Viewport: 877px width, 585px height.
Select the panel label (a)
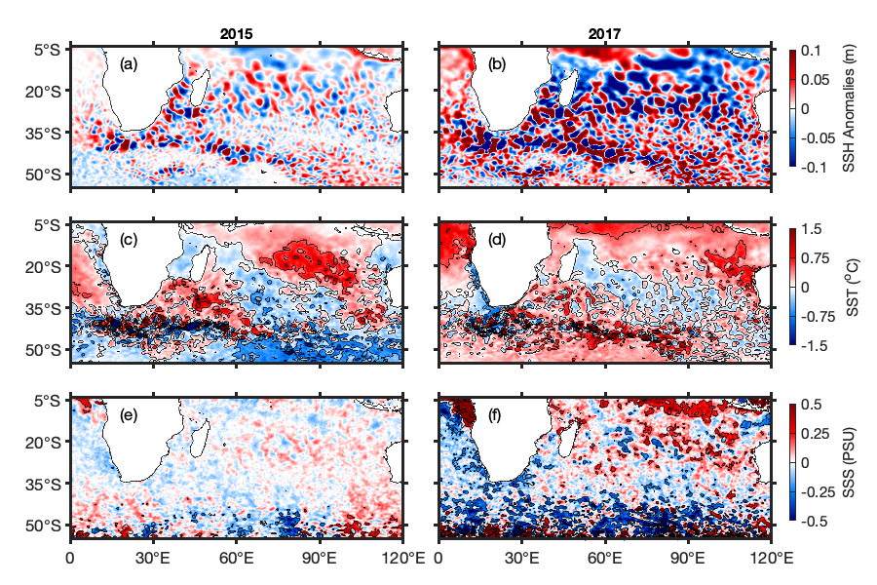pyautogui.click(x=129, y=65)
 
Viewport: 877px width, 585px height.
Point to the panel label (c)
pyautogui.click(x=129, y=241)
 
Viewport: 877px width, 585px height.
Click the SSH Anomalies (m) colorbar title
pyautogui.click(x=850, y=108)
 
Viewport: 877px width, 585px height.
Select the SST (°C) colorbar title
pyautogui.click(x=850, y=286)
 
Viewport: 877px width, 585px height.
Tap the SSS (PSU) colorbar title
pyautogui.click(x=850, y=462)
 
